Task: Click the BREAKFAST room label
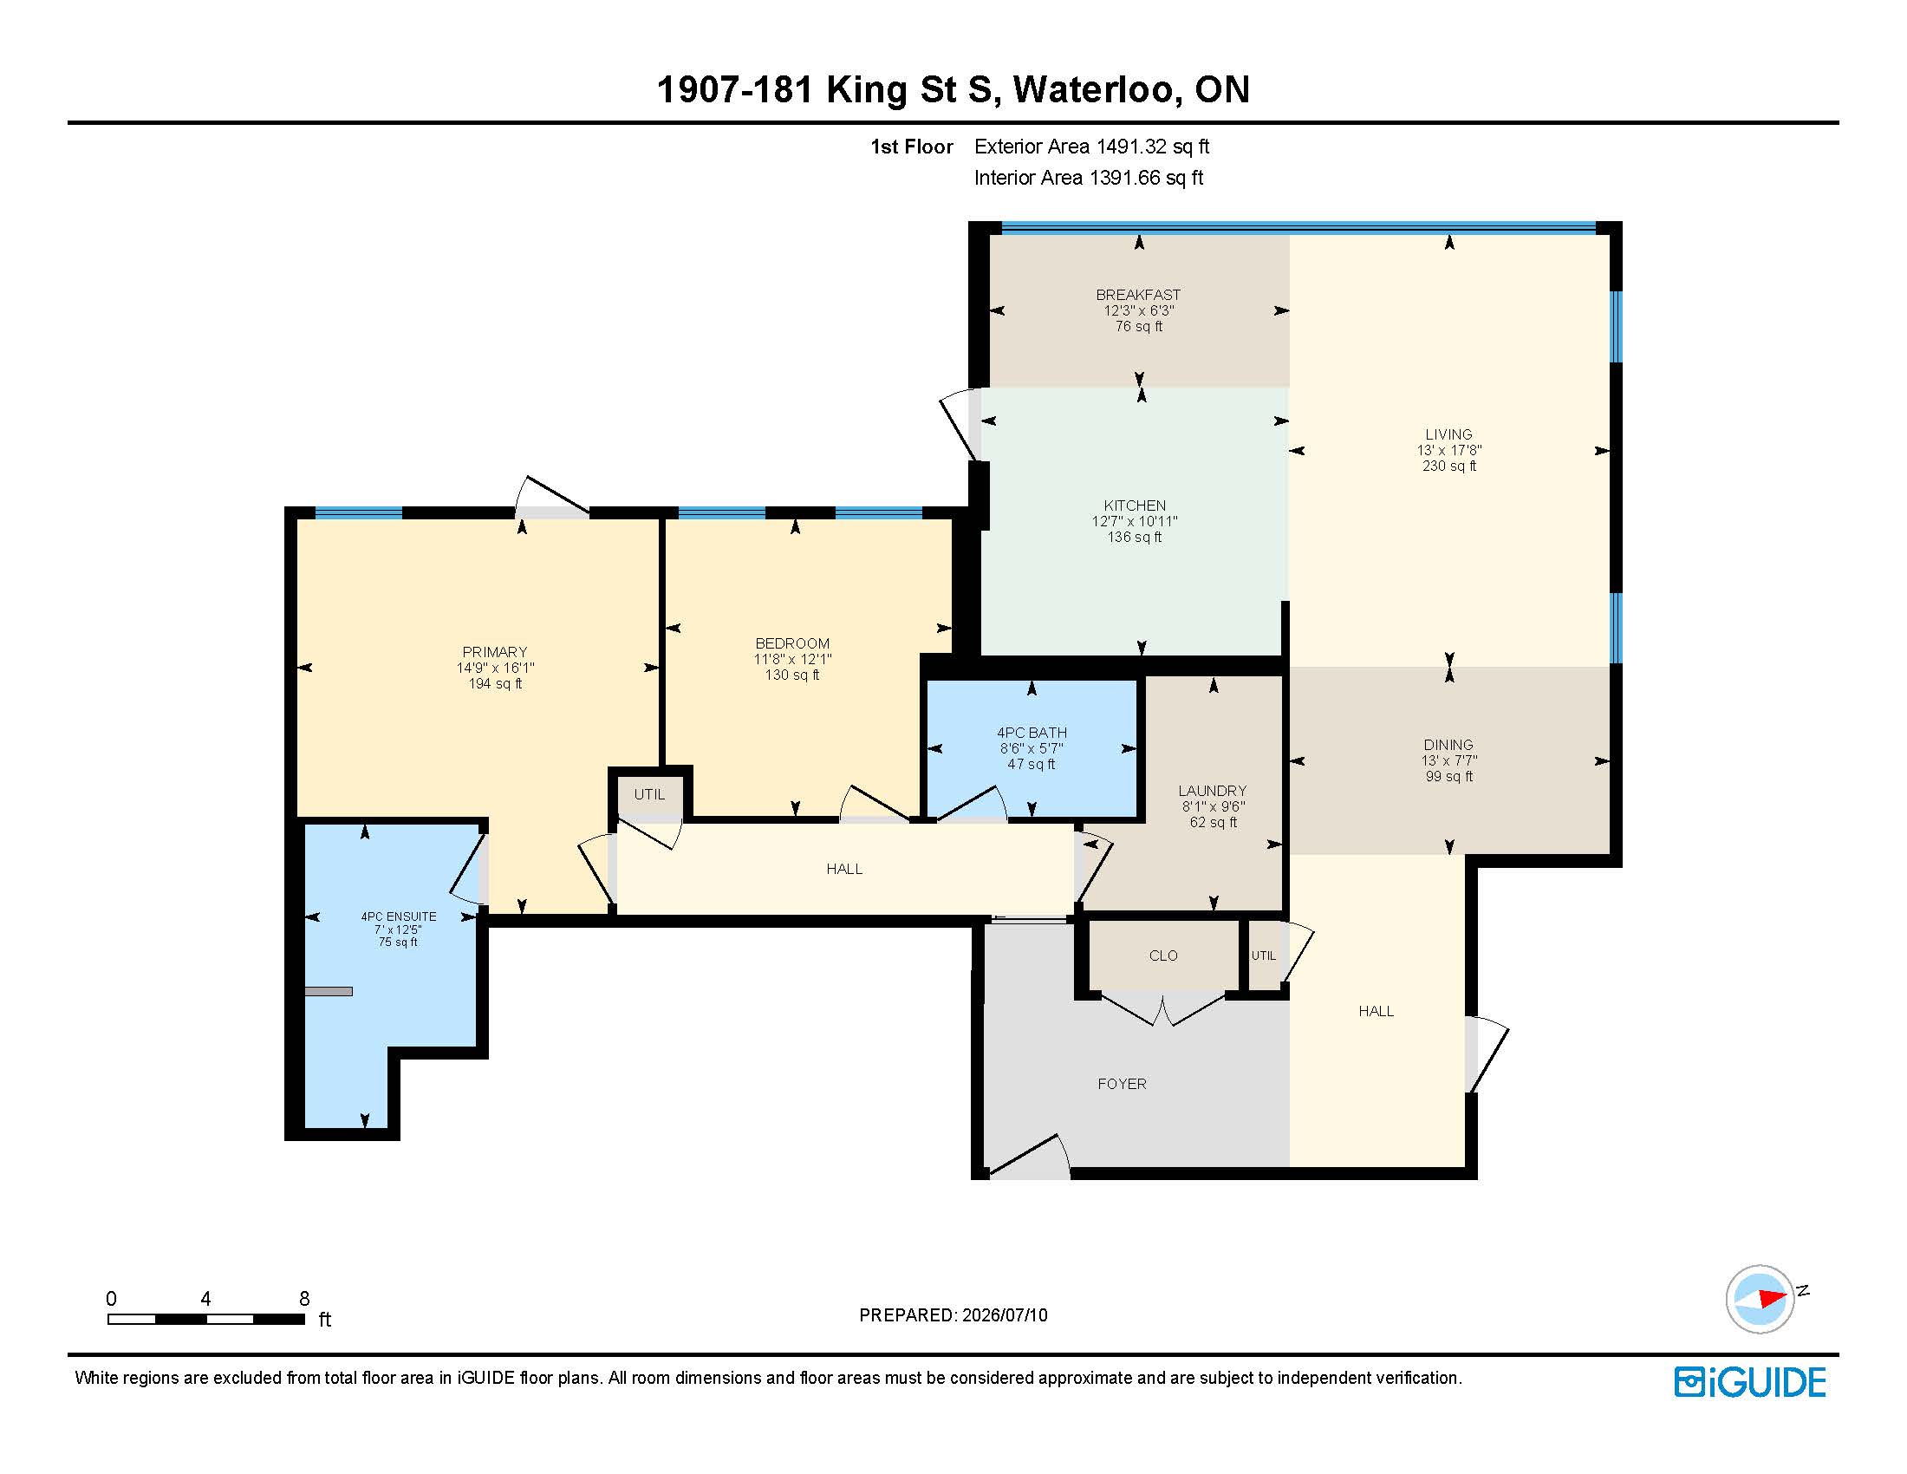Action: point(1138,295)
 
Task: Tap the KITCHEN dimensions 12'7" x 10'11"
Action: point(1135,521)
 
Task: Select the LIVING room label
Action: point(1448,434)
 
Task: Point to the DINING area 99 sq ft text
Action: point(1448,776)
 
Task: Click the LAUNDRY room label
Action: point(1212,790)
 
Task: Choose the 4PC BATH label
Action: point(1032,733)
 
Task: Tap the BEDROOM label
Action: point(792,643)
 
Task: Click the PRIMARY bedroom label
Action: point(494,652)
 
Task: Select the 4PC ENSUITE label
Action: point(398,916)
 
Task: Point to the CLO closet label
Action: point(1163,956)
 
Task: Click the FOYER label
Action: point(1122,1084)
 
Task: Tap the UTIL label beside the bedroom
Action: point(648,794)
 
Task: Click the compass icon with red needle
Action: point(1760,1299)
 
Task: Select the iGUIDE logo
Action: point(1750,1382)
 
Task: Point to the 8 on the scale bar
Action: point(304,1299)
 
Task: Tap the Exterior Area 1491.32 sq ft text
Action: point(1091,147)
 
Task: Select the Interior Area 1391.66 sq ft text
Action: point(1088,178)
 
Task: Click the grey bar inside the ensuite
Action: point(329,991)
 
